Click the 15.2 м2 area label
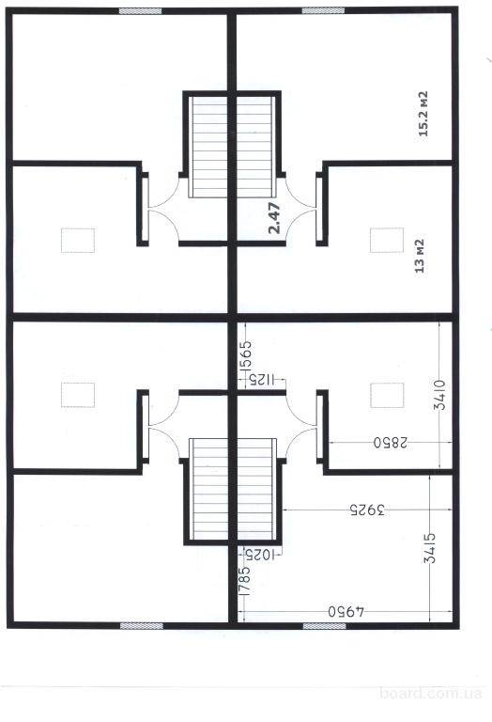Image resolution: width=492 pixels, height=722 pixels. [423, 114]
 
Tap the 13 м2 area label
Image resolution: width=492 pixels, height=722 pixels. [420, 256]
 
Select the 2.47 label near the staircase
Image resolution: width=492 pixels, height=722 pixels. [274, 218]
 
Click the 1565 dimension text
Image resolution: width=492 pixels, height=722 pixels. [246, 355]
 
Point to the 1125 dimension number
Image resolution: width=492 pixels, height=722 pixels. [259, 381]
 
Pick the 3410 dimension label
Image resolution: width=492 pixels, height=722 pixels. [439, 395]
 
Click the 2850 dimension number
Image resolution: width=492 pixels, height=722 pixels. [391, 443]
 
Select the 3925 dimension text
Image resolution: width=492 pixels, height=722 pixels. [367, 510]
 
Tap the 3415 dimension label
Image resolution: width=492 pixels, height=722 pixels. [430, 548]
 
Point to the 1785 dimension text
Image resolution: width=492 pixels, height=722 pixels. [245, 582]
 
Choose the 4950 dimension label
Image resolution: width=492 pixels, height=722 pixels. [346, 612]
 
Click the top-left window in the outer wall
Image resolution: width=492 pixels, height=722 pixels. [140, 11]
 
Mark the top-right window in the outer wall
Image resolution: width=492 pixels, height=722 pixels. [323, 10]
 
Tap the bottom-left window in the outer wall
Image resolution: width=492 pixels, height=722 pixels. [142, 626]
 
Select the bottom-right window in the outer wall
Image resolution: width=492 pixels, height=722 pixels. [325, 626]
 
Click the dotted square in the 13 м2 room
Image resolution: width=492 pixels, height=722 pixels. [387, 240]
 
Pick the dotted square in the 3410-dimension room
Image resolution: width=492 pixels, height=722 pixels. [387, 395]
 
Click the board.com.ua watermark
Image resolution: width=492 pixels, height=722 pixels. [431, 693]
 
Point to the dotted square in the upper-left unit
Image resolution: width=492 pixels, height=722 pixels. [78, 240]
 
